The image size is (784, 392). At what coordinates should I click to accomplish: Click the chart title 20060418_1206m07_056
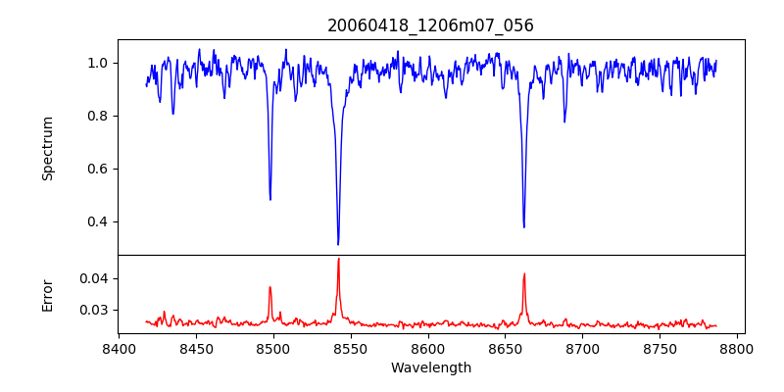pyautogui.click(x=430, y=25)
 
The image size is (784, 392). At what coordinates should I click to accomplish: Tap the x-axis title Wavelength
pyautogui.click(x=430, y=367)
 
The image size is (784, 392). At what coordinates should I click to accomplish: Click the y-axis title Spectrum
pyautogui.click(x=48, y=148)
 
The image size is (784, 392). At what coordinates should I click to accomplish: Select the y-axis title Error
pyautogui.click(x=48, y=294)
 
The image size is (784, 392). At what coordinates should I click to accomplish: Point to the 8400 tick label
pyautogui.click(x=119, y=348)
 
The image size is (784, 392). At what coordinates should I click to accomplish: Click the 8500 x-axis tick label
pyautogui.click(x=273, y=348)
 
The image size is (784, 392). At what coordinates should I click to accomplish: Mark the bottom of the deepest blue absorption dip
pyautogui.click(x=338, y=244)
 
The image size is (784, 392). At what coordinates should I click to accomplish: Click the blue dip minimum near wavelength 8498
pyautogui.click(x=270, y=200)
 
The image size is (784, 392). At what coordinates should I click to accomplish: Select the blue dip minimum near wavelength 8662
pyautogui.click(x=523, y=227)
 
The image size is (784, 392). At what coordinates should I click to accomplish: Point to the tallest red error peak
pyautogui.click(x=338, y=259)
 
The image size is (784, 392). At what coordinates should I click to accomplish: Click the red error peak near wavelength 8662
pyautogui.click(x=524, y=273)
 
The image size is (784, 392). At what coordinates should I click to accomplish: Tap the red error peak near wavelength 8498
pyautogui.click(x=270, y=287)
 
